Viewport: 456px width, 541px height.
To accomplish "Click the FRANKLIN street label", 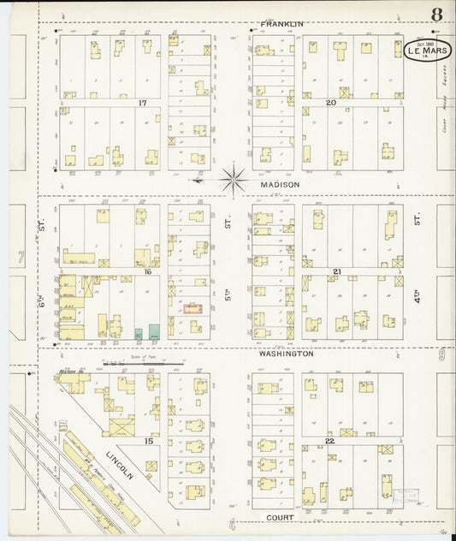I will click(281, 24).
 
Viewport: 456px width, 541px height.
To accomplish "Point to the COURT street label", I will click(280, 517).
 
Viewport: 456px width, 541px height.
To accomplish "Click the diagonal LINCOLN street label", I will click(121, 462).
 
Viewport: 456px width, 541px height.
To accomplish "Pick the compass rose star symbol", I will click(233, 180).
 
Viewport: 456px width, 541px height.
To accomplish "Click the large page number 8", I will click(436, 15).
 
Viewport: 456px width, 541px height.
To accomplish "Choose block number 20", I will click(329, 103).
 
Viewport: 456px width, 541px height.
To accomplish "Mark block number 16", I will click(147, 270).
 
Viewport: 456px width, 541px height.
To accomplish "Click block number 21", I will click(337, 270).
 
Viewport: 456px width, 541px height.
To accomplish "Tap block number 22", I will click(329, 440).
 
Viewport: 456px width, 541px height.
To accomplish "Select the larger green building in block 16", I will click(154, 331).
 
